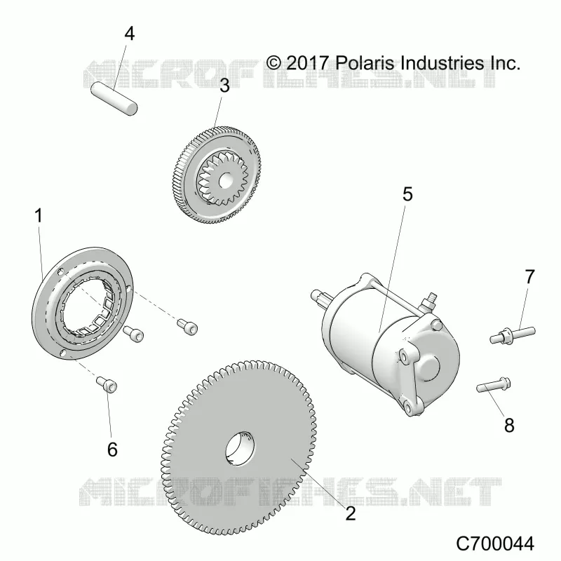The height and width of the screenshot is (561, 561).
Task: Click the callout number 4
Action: pos(130,34)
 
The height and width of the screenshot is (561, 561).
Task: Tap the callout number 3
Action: pos(224,86)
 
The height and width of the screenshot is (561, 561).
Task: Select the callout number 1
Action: pos(39,216)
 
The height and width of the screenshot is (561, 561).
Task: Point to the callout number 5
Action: pos(407,194)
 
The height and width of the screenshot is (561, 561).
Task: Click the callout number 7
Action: pos(529,276)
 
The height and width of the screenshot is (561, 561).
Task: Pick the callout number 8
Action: pos(509,426)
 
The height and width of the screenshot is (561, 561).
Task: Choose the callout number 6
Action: pos(112,449)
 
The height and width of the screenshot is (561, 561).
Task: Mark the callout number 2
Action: pos(351,513)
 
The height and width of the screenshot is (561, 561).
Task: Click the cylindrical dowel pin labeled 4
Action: pos(114,99)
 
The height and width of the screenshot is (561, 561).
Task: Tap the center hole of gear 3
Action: pos(225,181)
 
